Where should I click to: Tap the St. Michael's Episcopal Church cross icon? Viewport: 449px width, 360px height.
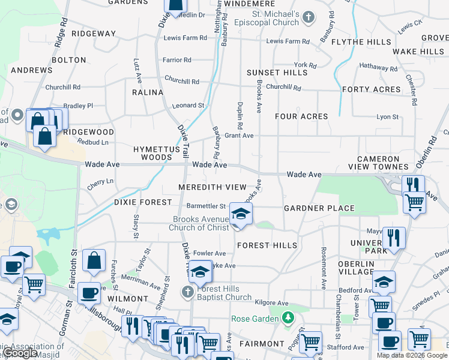point(309,16)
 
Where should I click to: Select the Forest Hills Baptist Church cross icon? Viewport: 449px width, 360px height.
point(187,292)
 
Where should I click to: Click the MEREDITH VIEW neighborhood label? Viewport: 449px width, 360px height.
point(212,187)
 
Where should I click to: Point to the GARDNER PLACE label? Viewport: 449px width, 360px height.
point(319,208)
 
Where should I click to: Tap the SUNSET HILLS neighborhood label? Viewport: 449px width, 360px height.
point(277,73)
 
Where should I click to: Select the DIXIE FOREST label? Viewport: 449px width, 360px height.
point(143,202)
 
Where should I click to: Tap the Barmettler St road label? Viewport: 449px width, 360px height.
point(206,206)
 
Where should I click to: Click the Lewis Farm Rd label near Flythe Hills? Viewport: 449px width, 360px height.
point(288,41)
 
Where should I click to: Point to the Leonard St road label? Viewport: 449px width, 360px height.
point(188,105)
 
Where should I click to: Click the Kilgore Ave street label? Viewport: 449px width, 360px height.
point(271,304)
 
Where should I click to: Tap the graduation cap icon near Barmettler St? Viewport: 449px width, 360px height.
point(241,214)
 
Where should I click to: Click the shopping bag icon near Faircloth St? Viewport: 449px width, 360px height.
point(94,261)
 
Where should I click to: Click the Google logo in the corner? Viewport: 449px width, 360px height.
point(20,353)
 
